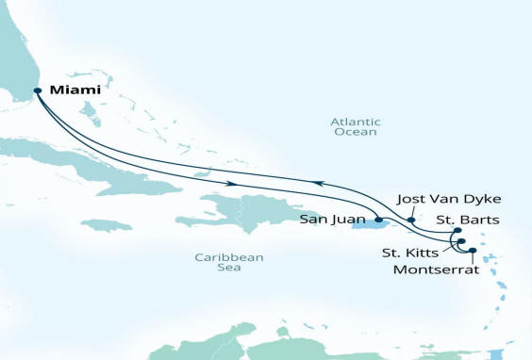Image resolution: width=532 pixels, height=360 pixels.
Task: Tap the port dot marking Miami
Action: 38,91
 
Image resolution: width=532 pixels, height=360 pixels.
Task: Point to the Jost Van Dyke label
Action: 435,199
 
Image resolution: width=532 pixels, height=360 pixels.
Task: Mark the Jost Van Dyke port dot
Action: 410,220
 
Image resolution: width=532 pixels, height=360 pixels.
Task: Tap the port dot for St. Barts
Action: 457,230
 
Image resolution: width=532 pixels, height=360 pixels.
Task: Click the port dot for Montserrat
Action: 473,250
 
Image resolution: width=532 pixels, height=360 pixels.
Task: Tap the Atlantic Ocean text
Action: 354,126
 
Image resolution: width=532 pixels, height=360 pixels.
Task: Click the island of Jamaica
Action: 108,225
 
